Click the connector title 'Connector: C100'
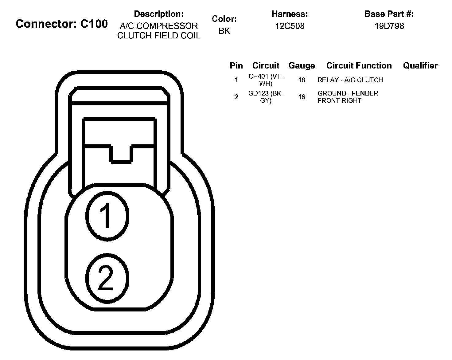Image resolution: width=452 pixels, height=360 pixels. (62, 24)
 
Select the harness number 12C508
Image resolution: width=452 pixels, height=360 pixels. (290, 26)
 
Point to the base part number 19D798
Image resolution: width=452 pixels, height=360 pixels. (389, 26)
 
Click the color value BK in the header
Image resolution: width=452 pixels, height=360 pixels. (224, 31)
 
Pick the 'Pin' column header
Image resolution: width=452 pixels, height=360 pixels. (236, 65)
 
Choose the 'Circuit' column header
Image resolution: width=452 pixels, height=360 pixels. (266, 65)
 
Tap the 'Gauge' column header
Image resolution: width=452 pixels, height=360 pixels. (302, 65)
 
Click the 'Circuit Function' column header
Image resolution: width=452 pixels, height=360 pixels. (359, 65)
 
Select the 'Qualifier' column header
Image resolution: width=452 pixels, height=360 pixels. (420, 65)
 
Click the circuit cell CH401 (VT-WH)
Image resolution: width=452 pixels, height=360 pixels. (266, 80)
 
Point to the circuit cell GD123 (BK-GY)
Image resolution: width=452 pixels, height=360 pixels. (266, 97)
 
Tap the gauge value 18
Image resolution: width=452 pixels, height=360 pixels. (302, 80)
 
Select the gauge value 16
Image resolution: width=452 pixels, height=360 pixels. (302, 97)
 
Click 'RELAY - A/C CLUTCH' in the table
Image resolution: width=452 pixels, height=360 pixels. (350, 80)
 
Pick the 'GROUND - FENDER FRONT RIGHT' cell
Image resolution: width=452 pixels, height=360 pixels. (348, 97)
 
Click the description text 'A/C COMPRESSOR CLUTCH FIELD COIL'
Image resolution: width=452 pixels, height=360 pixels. (158, 31)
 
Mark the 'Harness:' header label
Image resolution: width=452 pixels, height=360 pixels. (290, 14)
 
